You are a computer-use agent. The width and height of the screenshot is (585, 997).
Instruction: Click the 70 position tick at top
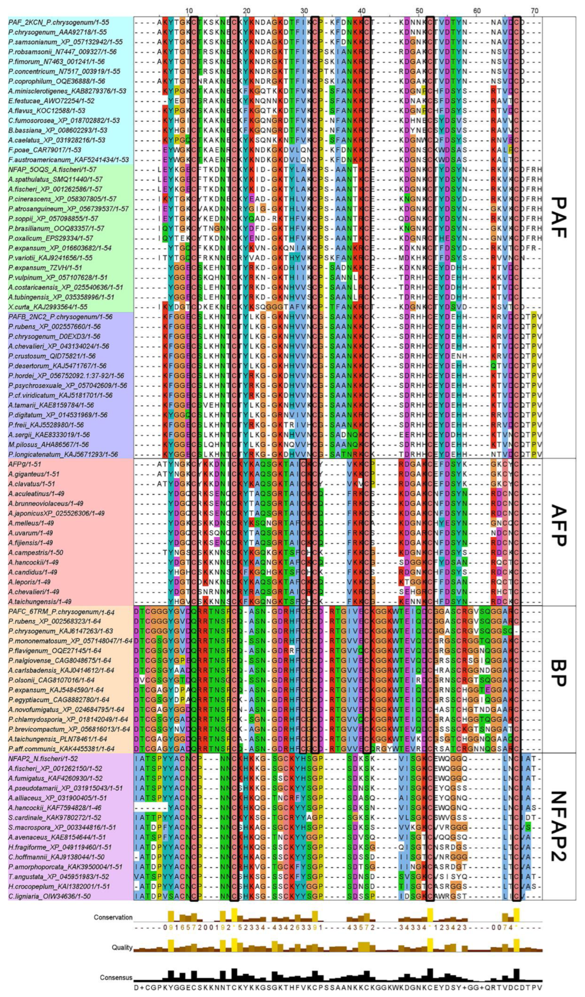point(534,10)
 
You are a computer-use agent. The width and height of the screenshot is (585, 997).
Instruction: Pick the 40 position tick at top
point(361,10)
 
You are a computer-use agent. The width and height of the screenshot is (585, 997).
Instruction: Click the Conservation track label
point(113,917)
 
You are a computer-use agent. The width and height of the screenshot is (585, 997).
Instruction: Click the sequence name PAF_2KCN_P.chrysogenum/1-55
point(59,22)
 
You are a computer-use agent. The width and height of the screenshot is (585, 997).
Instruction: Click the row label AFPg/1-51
point(25,464)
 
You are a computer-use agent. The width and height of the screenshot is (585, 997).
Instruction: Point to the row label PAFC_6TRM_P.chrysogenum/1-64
point(61,612)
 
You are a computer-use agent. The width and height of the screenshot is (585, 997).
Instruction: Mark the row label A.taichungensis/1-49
point(40,602)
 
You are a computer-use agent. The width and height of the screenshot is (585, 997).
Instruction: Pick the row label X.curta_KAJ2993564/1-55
point(47,307)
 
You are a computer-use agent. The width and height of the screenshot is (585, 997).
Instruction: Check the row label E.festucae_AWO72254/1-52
point(51,101)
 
